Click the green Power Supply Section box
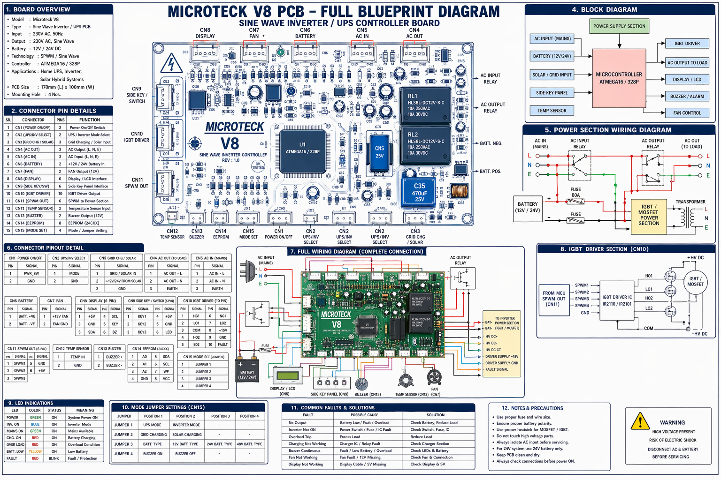[619, 26]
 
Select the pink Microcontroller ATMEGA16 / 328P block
[619, 78]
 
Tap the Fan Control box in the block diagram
[687, 113]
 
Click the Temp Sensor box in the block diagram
[552, 111]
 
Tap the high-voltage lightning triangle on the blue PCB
[171, 64]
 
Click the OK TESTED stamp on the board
[258, 166]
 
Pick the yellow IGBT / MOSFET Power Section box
[649, 215]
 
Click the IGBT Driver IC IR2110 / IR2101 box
[617, 300]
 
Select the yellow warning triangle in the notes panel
[640, 421]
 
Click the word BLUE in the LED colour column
[35, 424]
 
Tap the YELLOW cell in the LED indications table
[35, 451]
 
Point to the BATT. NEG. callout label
[491, 143]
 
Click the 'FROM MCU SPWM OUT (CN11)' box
[554, 299]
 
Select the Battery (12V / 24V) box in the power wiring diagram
[528, 207]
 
